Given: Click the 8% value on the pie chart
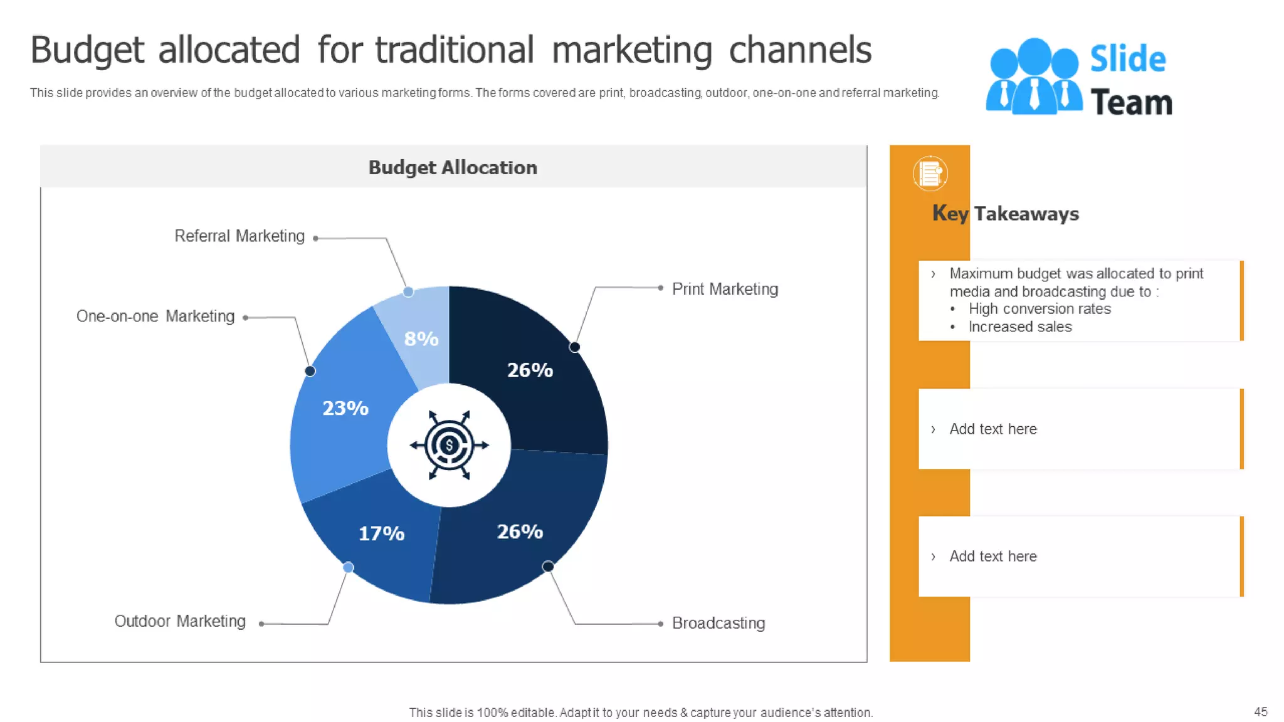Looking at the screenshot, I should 421,339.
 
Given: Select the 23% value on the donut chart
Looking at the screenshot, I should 345,409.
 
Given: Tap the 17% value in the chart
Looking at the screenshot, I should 381,534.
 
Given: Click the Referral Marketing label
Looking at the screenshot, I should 239,236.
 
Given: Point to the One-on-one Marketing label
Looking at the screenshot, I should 155,317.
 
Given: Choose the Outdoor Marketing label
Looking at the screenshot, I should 180,621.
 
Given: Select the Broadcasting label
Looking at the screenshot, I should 718,623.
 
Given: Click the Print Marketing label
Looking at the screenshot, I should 725,289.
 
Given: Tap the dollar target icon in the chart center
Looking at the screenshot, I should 449,446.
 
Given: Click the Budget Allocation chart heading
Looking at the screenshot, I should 453,168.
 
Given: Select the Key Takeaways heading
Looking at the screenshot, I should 1006,214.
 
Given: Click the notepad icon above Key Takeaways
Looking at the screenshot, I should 930,173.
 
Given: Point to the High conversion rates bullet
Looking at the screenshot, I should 1039,309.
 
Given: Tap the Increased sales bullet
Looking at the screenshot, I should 1019,327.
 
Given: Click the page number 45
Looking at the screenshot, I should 1260,711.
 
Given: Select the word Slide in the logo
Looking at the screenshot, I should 1128,60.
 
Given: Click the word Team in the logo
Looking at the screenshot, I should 1132,103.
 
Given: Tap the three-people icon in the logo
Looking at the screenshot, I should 1034,76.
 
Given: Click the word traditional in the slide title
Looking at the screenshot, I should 455,50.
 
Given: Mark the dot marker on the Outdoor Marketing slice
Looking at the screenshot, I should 349,568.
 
